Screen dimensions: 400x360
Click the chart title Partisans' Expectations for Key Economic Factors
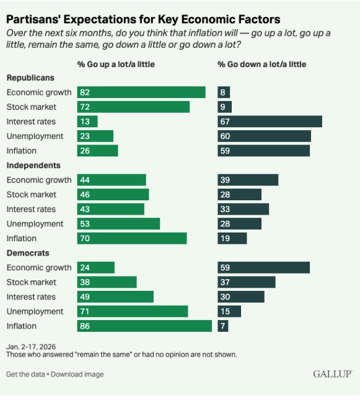coord(143,19)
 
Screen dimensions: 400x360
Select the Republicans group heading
coord(30,78)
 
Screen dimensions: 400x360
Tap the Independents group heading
coord(33,166)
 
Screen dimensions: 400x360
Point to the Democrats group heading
coord(28,253)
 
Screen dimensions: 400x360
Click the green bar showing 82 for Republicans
coord(141,92)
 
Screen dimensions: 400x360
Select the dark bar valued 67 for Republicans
coord(270,122)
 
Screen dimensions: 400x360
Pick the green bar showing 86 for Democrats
coord(144,326)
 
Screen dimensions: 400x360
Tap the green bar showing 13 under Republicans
coord(87,122)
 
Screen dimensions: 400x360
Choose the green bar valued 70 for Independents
coord(132,238)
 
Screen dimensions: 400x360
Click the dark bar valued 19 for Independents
coord(232,238)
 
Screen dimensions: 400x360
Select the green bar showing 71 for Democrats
coord(133,311)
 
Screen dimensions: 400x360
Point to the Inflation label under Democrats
coord(22,326)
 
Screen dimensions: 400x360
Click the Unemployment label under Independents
coord(35,224)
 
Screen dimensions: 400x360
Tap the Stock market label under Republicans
coord(30,107)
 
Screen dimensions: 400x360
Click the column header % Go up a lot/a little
coord(116,64)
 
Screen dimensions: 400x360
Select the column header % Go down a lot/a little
coord(261,64)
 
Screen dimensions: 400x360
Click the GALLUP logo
coord(332,374)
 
